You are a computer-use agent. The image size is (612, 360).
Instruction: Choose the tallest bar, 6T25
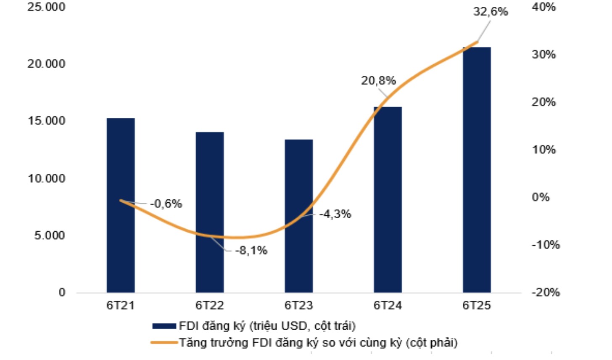[x=477, y=168]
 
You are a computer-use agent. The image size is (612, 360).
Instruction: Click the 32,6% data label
[x=491, y=12]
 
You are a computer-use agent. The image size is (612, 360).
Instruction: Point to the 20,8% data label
[x=378, y=80]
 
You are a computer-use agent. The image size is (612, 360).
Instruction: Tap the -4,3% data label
[x=335, y=214]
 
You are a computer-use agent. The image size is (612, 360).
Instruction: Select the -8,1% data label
[x=251, y=251]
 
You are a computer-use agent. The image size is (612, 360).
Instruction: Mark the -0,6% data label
[x=166, y=204]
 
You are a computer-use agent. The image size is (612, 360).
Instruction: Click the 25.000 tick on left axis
[x=47, y=7]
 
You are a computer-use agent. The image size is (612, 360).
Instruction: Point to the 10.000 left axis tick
[x=47, y=178]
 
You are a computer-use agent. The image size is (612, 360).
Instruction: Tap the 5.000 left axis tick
[x=50, y=236]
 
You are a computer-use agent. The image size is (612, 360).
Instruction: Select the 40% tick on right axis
[x=544, y=7]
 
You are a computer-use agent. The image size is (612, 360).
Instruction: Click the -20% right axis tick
[x=546, y=292]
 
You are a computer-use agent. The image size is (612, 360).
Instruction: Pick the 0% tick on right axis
[x=541, y=197]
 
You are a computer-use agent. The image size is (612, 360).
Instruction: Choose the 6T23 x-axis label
[x=299, y=305]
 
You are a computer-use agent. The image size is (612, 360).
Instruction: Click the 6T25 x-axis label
[x=477, y=305]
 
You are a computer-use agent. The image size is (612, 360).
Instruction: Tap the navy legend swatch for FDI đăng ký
[x=164, y=326]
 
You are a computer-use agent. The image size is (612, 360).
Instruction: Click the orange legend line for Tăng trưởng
[x=164, y=343]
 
